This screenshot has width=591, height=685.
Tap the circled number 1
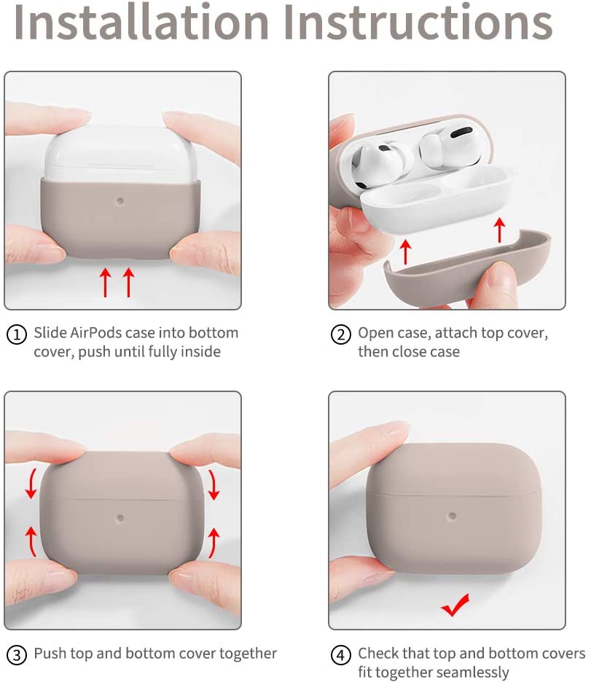[17, 334]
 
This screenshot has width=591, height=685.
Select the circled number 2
[340, 334]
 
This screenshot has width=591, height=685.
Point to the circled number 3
[17, 654]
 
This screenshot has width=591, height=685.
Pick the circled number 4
[340, 654]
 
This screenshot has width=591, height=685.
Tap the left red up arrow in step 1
[105, 282]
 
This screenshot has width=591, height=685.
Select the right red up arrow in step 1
[129, 282]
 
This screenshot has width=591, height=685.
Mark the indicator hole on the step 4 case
[452, 516]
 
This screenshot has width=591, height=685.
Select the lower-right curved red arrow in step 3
[213, 541]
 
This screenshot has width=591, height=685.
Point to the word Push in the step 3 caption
[50, 653]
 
